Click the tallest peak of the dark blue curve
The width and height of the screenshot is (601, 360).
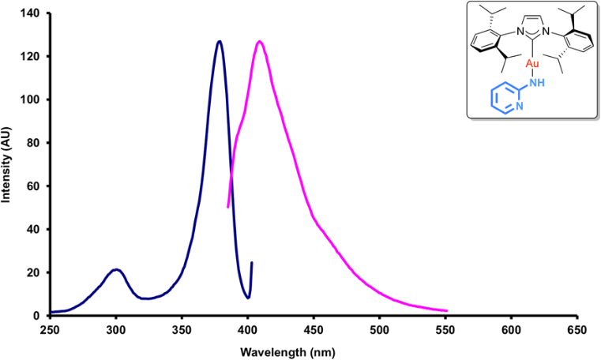(220, 41)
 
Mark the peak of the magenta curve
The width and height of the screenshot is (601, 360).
(259, 41)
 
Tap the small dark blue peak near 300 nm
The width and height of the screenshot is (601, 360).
(117, 269)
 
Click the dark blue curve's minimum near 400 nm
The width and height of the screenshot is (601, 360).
(248, 298)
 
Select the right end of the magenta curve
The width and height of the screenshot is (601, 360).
(447, 310)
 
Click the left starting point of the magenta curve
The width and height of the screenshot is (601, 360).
(228, 207)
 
